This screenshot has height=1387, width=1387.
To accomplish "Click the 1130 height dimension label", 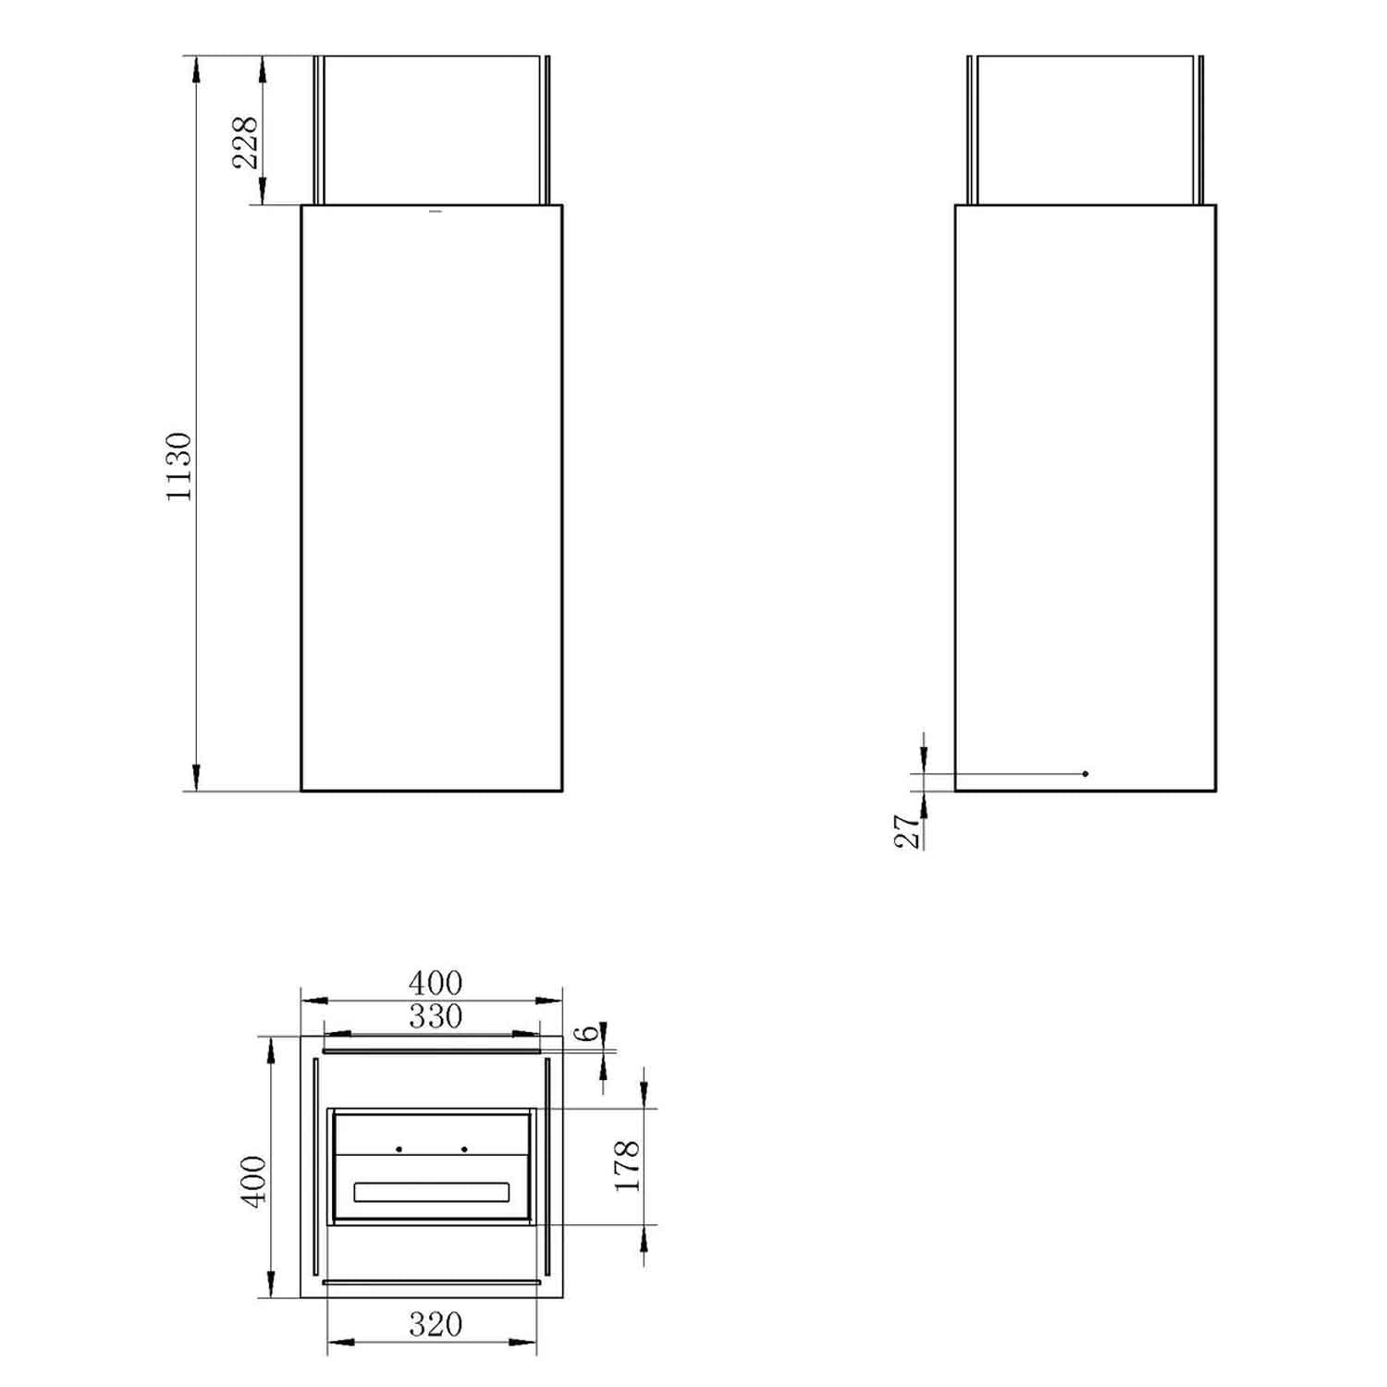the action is coord(178,467).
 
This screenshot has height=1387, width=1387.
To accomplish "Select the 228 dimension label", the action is coord(245,142).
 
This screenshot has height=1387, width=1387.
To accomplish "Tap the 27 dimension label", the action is coord(909,831).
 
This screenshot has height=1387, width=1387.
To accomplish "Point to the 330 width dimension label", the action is coord(436,1017).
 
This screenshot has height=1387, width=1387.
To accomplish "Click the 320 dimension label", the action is coord(436,1325).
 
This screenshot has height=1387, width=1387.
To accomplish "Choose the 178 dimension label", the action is coord(627,1165).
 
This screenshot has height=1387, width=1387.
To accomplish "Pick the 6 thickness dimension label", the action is coord(589,1032).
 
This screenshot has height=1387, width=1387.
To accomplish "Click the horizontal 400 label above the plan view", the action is coord(436,983).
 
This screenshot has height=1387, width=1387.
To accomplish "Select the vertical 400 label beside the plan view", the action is coord(253,1181).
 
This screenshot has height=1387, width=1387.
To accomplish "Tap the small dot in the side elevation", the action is coord(1086,773).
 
